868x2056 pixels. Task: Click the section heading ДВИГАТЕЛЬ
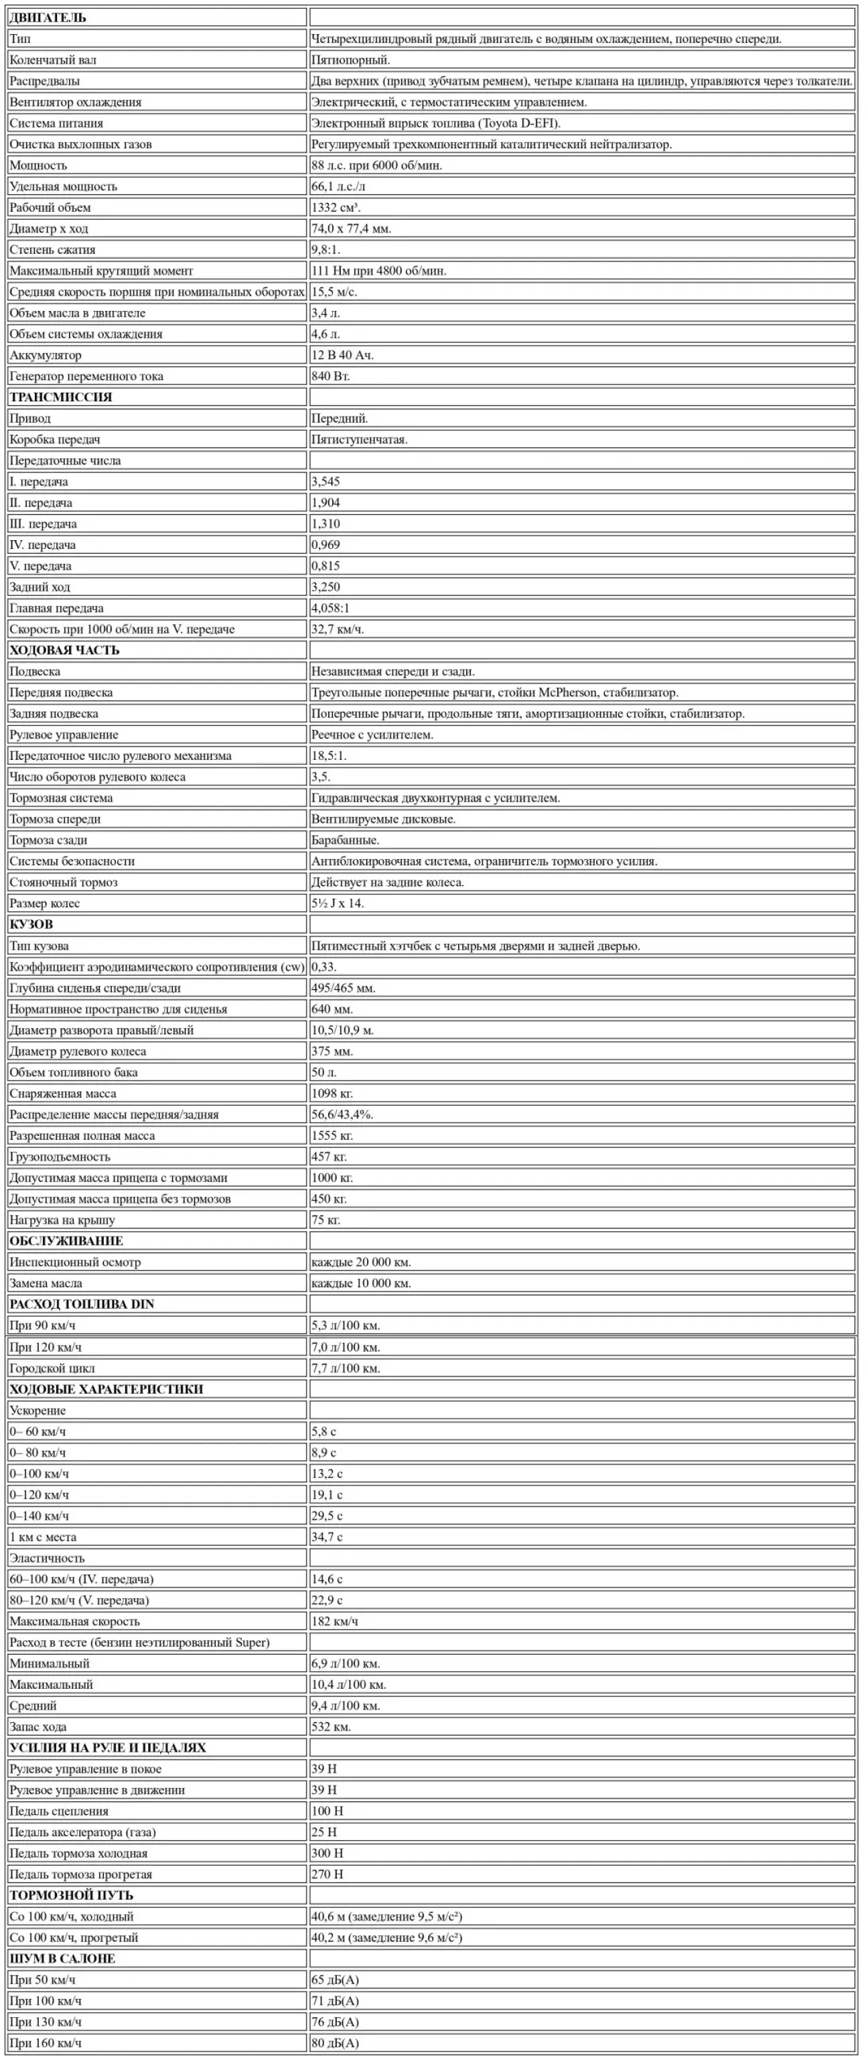pyautogui.click(x=47, y=17)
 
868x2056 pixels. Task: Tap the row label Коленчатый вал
pyautogui.click(x=53, y=60)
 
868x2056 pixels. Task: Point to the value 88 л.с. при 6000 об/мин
pyautogui.click(x=376, y=166)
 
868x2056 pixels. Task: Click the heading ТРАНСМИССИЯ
pyautogui.click(x=61, y=397)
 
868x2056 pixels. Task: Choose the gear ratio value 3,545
pyautogui.click(x=325, y=482)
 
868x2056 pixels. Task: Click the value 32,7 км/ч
pyautogui.click(x=338, y=630)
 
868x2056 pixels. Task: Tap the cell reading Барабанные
pyautogui.click(x=346, y=840)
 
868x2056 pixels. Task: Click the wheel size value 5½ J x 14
pyautogui.click(x=338, y=903)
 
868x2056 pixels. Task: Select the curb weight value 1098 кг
pyautogui.click(x=332, y=1094)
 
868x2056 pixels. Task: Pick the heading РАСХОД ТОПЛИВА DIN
pyautogui.click(x=82, y=1304)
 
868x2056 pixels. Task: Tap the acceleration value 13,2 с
pyautogui.click(x=326, y=1474)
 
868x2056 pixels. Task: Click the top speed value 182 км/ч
pyautogui.click(x=334, y=1621)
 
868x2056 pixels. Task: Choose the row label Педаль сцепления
pyautogui.click(x=59, y=1811)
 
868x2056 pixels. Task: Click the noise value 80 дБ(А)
pyautogui.click(x=335, y=2043)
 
